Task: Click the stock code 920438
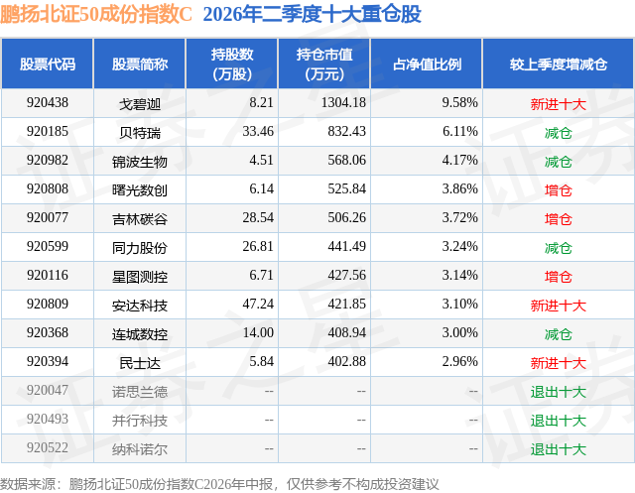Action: (x=48, y=103)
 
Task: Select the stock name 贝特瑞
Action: (x=140, y=132)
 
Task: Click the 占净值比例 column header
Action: (x=427, y=63)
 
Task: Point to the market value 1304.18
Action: (x=343, y=103)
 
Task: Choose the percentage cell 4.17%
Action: (x=459, y=161)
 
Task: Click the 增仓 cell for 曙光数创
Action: (x=558, y=189)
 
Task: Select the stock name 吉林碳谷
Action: (x=140, y=218)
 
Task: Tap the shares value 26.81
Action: (x=258, y=246)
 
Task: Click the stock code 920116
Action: (x=48, y=275)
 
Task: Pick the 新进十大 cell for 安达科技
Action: (x=558, y=305)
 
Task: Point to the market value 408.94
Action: (x=346, y=332)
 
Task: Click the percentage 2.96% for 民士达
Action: (x=459, y=361)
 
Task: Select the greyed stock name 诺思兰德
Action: (x=140, y=391)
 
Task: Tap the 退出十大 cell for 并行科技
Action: (x=558, y=420)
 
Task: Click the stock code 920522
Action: (x=48, y=447)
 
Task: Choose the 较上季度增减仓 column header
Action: (x=558, y=63)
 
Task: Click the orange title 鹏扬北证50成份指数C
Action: (x=95, y=14)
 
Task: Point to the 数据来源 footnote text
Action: (x=219, y=484)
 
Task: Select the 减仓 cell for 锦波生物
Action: (x=558, y=161)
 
